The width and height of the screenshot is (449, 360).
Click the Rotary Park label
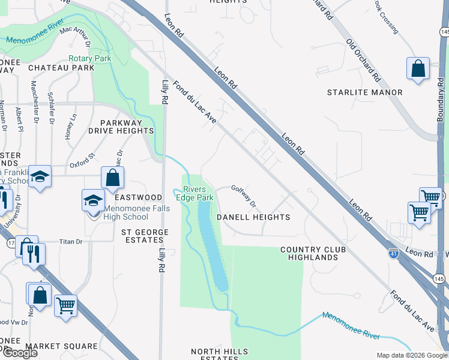click(90, 59)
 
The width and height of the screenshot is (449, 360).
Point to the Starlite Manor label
click(364, 92)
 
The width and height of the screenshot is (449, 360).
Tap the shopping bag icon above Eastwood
click(112, 177)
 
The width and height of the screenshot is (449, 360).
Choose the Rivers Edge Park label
click(194, 193)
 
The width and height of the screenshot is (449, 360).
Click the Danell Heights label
click(253, 217)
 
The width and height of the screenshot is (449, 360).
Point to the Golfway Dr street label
click(244, 194)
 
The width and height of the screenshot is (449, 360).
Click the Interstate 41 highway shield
click(393, 253)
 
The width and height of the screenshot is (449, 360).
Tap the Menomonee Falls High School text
click(137, 212)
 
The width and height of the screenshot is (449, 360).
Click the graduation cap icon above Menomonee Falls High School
click(93, 200)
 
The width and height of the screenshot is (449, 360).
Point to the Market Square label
click(62, 346)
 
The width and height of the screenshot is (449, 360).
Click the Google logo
click(20, 353)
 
